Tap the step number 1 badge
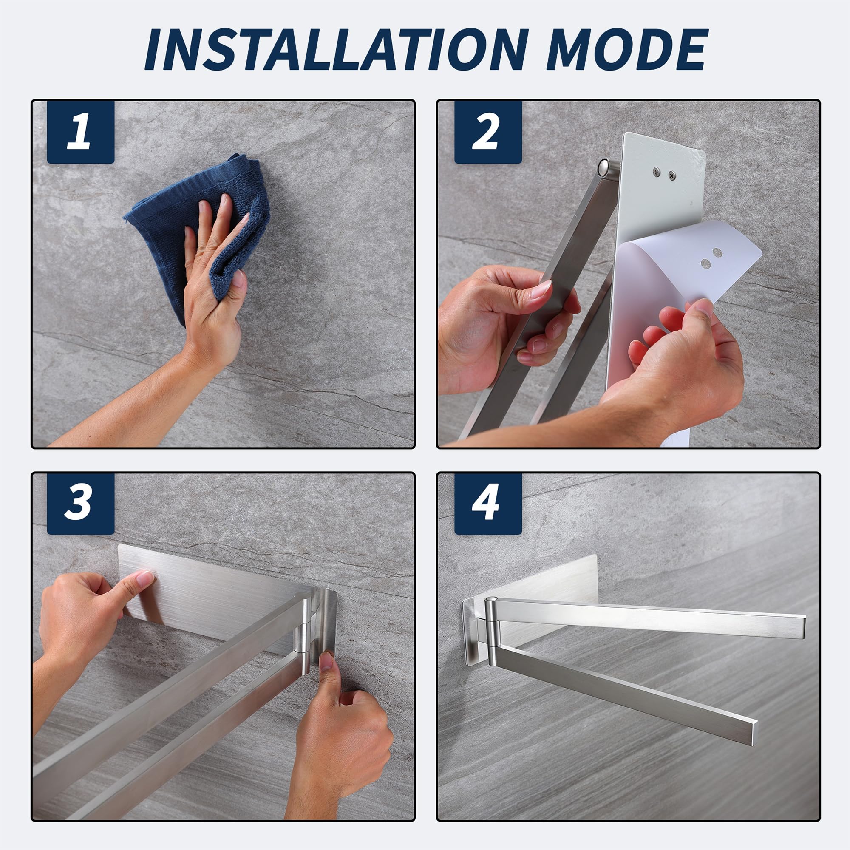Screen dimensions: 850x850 point(80,132)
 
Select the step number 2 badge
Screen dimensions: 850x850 point(488,132)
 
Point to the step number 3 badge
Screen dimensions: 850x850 point(80,504)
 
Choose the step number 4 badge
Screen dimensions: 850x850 point(488,504)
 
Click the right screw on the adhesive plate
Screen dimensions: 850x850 point(672,175)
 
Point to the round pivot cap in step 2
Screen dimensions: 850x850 point(604,166)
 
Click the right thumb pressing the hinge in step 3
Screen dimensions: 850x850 point(327,673)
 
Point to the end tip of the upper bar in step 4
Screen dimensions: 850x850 point(802,626)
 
